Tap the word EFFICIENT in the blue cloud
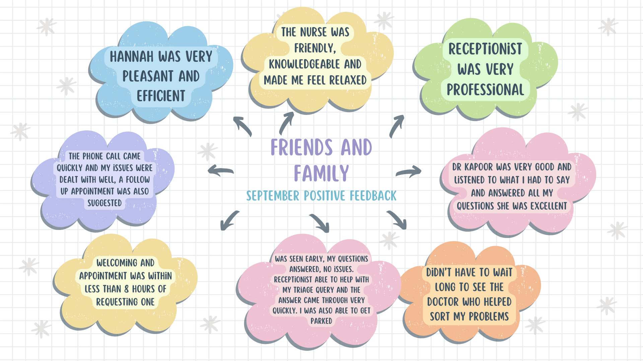[161, 96]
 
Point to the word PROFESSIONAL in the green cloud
[485, 90]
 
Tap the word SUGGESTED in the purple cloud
[104, 203]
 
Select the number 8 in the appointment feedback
[126, 289]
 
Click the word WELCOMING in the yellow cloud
[117, 263]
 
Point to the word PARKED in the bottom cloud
[321, 321]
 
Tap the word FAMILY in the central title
[321, 173]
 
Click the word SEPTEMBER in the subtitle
[273, 196]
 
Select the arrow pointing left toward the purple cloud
[220, 171]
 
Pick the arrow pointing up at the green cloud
[397, 126]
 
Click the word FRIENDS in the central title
[302, 148]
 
